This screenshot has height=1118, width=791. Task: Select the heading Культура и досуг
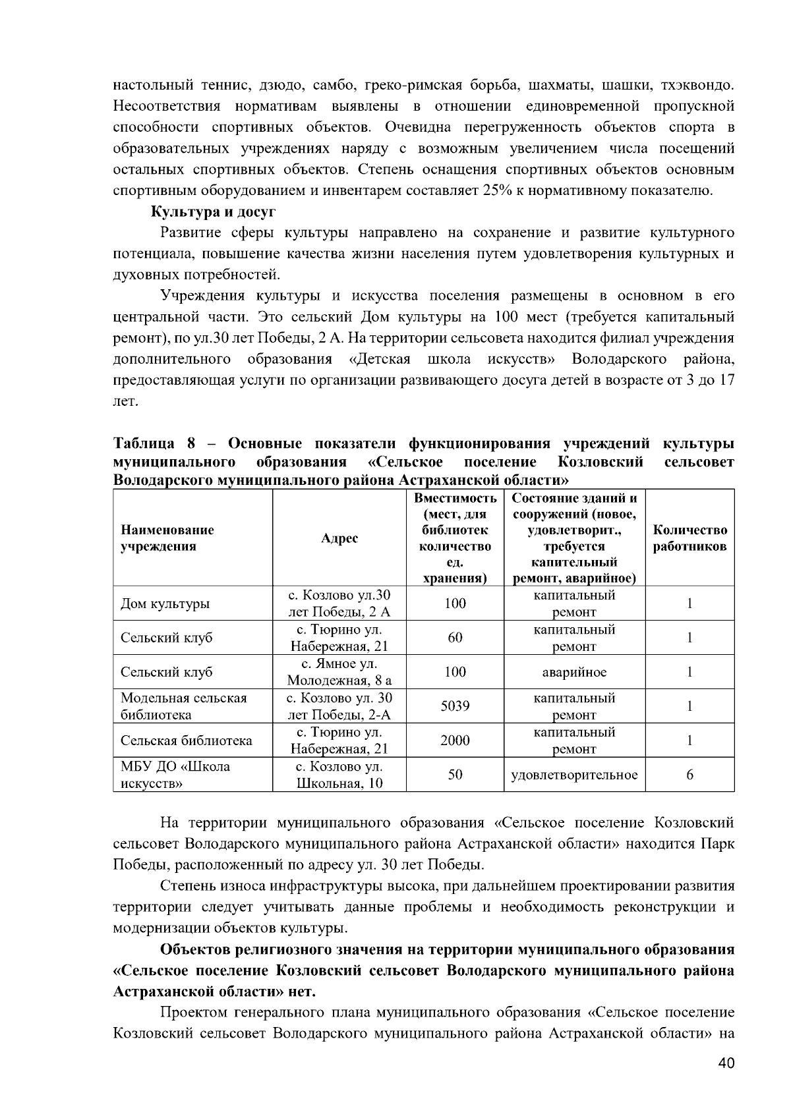tap(214, 212)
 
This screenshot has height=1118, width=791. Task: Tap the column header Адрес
tap(339, 538)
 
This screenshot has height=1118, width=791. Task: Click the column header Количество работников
tap(689, 538)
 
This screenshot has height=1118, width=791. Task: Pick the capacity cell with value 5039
tap(455, 706)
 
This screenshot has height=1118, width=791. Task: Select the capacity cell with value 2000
tap(455, 741)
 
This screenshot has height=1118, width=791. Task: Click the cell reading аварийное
tap(574, 672)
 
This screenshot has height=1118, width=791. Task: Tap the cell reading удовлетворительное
tap(574, 775)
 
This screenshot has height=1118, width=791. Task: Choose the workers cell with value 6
tap(689, 775)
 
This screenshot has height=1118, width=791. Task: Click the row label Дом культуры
tap(165, 603)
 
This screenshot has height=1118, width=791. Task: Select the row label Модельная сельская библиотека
tap(183, 706)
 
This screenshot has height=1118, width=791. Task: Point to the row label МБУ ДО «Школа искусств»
tap(175, 775)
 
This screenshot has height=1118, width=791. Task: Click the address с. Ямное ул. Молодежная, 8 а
tap(339, 672)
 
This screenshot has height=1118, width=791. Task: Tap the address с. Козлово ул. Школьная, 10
tap(339, 775)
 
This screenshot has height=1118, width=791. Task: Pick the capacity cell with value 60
tap(455, 638)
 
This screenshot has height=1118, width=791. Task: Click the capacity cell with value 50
tap(455, 775)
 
